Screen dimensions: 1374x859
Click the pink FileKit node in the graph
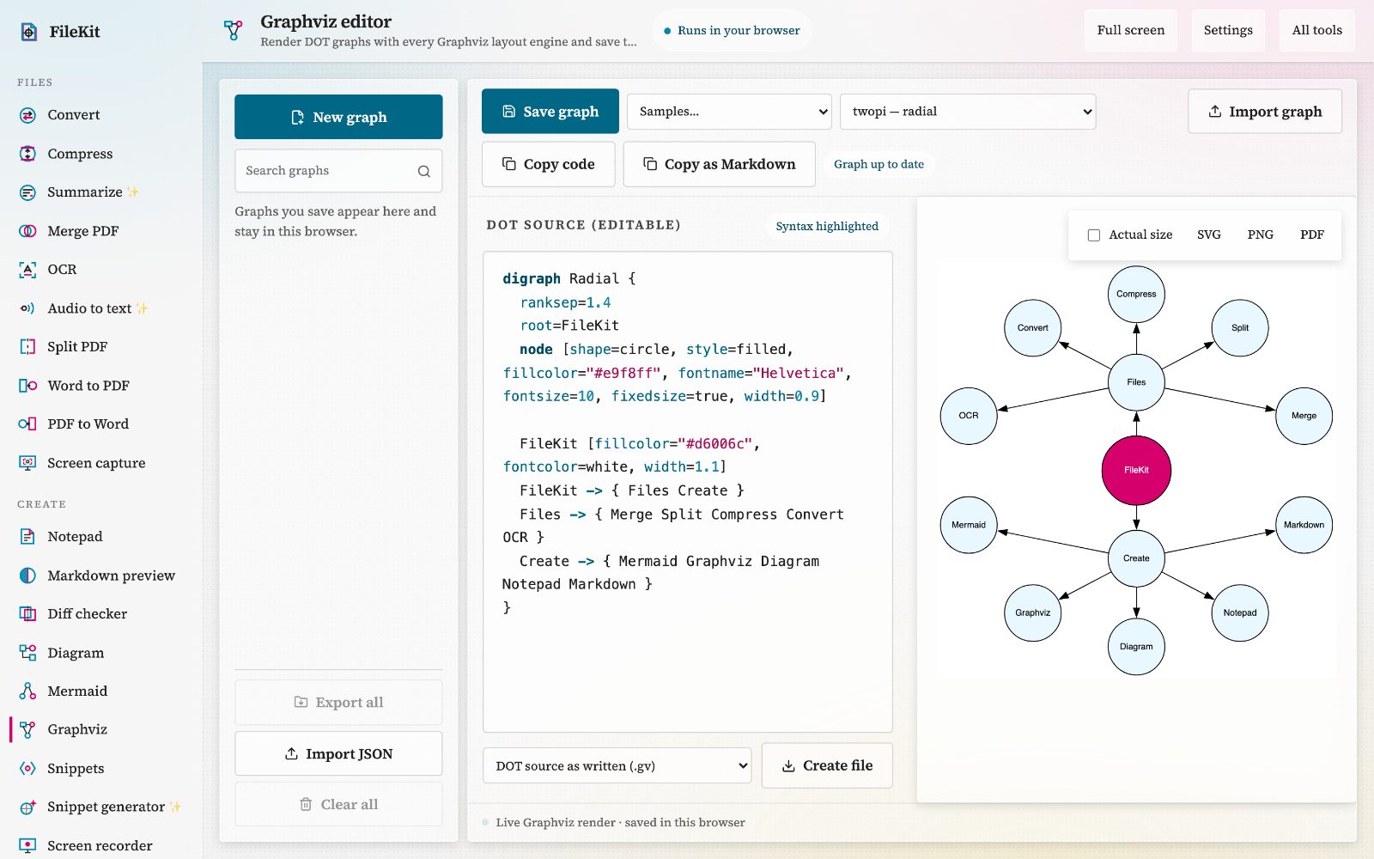pyautogui.click(x=1136, y=470)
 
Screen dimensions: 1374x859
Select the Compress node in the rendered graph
pyautogui.click(x=1136, y=294)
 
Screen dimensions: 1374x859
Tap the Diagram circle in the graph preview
pyautogui.click(x=1136, y=646)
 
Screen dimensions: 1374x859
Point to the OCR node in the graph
pyautogui.click(x=969, y=416)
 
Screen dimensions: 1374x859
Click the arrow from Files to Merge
pyautogui.click(x=1220, y=399)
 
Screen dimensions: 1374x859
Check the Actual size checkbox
pyautogui.click(x=1094, y=235)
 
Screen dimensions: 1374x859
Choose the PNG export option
pyautogui.click(x=1260, y=235)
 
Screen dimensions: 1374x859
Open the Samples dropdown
pyautogui.click(x=729, y=112)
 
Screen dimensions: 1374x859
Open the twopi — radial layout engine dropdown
pyautogui.click(x=968, y=112)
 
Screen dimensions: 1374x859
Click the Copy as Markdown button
pyautogui.click(x=719, y=164)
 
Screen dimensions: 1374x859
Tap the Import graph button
pyautogui.click(x=1265, y=112)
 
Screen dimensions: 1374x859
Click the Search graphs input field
pyautogui.click(x=338, y=171)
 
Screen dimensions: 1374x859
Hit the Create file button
pyautogui.click(x=827, y=765)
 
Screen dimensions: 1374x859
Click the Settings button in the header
pyautogui.click(x=1228, y=30)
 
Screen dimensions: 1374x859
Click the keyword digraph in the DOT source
pyautogui.click(x=532, y=278)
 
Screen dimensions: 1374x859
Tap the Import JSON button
pyautogui.click(x=338, y=753)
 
